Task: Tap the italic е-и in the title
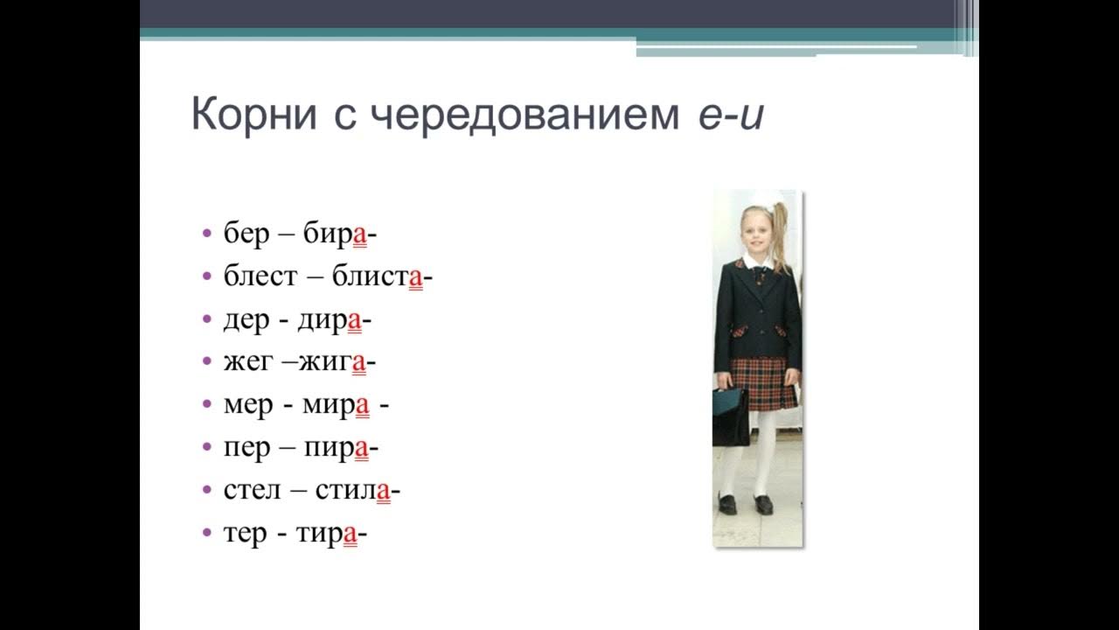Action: click(x=731, y=115)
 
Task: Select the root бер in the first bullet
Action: click(x=247, y=234)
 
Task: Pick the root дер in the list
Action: click(x=247, y=320)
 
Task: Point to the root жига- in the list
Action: click(x=337, y=362)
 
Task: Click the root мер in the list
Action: click(x=249, y=405)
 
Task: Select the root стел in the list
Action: click(x=253, y=491)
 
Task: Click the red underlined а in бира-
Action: click(x=359, y=235)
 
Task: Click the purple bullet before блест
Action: click(x=207, y=277)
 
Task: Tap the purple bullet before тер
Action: click(x=207, y=534)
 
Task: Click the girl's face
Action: click(x=754, y=227)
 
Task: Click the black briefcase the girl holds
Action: click(x=730, y=416)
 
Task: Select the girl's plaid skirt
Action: click(x=762, y=382)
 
